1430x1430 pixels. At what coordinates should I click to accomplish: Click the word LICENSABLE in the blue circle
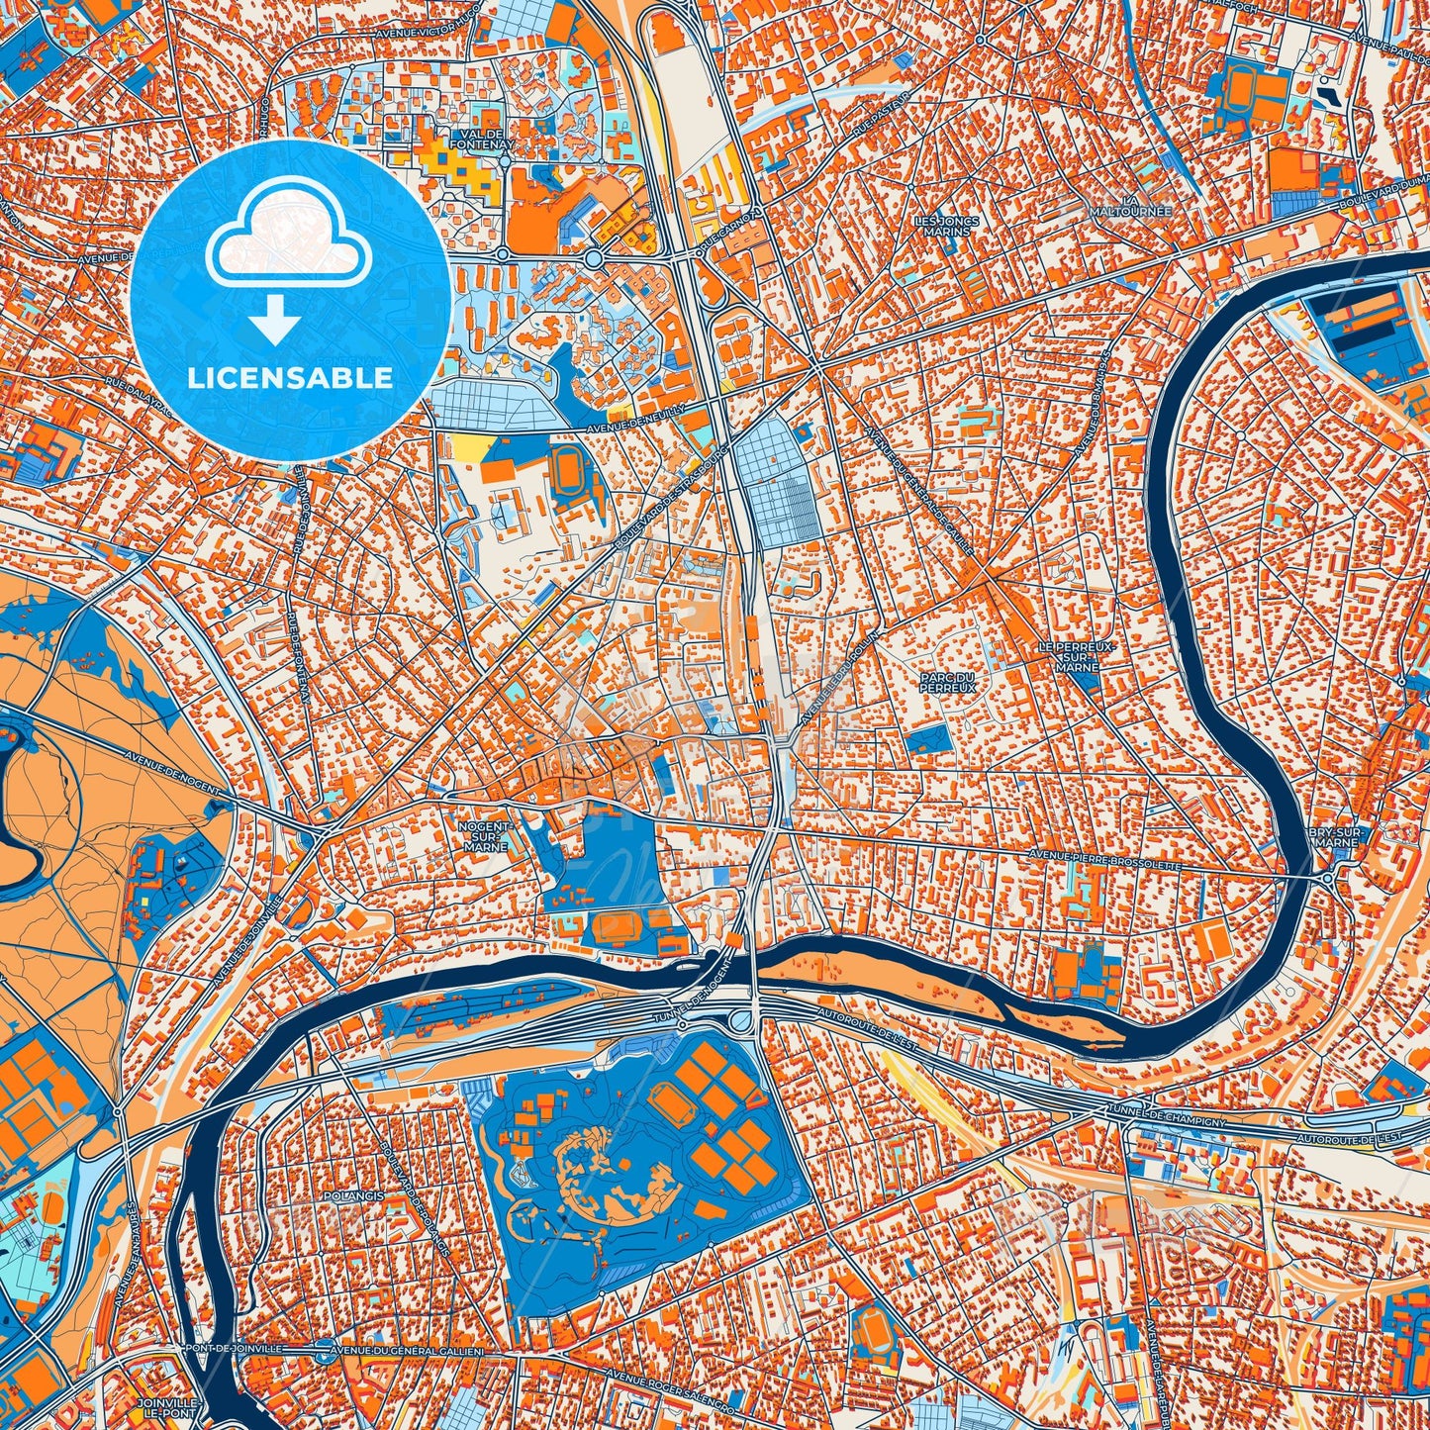(290, 378)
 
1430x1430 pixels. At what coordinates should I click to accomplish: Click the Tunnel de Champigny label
(1167, 1115)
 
